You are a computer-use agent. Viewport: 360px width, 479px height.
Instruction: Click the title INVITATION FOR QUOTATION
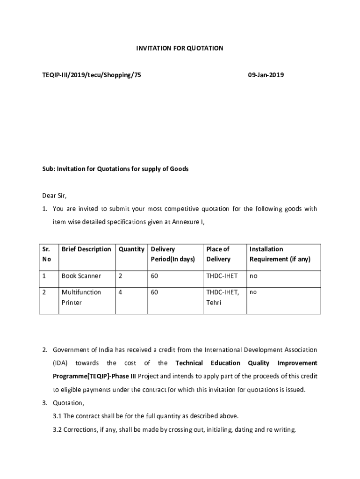coord(180,48)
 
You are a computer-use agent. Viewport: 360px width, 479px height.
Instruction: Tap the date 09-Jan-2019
coord(266,75)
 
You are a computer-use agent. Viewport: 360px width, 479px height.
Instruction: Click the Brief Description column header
coord(86,249)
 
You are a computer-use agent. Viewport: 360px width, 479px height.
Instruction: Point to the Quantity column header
coord(131,249)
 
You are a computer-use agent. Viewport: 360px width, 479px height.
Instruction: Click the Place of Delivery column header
coord(218,254)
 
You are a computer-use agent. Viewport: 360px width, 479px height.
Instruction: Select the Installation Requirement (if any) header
coord(280,254)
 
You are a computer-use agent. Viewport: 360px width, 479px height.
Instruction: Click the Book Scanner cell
coord(81,276)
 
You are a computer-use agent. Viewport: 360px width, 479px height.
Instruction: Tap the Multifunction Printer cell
coord(81,297)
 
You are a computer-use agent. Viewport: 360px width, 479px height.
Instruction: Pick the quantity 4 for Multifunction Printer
coord(121,292)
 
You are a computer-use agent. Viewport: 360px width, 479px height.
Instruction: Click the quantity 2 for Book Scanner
coord(121,276)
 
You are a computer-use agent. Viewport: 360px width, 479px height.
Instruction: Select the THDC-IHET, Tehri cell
coord(223,297)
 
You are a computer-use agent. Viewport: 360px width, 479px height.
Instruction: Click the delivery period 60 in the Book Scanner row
coord(154,276)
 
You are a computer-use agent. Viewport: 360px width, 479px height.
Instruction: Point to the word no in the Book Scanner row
coord(253,276)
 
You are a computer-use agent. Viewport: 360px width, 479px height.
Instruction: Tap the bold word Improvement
coord(297,363)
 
